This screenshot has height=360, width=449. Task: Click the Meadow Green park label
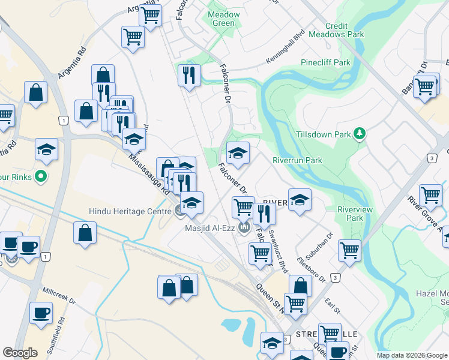click(223, 19)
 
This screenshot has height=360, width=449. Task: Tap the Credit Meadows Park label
click(336, 31)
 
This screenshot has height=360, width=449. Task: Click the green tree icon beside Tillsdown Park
click(360, 133)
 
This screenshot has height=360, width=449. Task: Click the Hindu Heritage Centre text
click(130, 211)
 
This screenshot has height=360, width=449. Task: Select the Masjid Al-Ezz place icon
click(244, 227)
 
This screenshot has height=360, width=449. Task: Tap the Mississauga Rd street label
click(148, 173)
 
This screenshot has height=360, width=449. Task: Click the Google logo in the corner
click(20, 353)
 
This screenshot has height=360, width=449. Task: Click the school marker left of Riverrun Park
click(238, 154)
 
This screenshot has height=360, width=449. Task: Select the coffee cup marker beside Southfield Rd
click(41, 313)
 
